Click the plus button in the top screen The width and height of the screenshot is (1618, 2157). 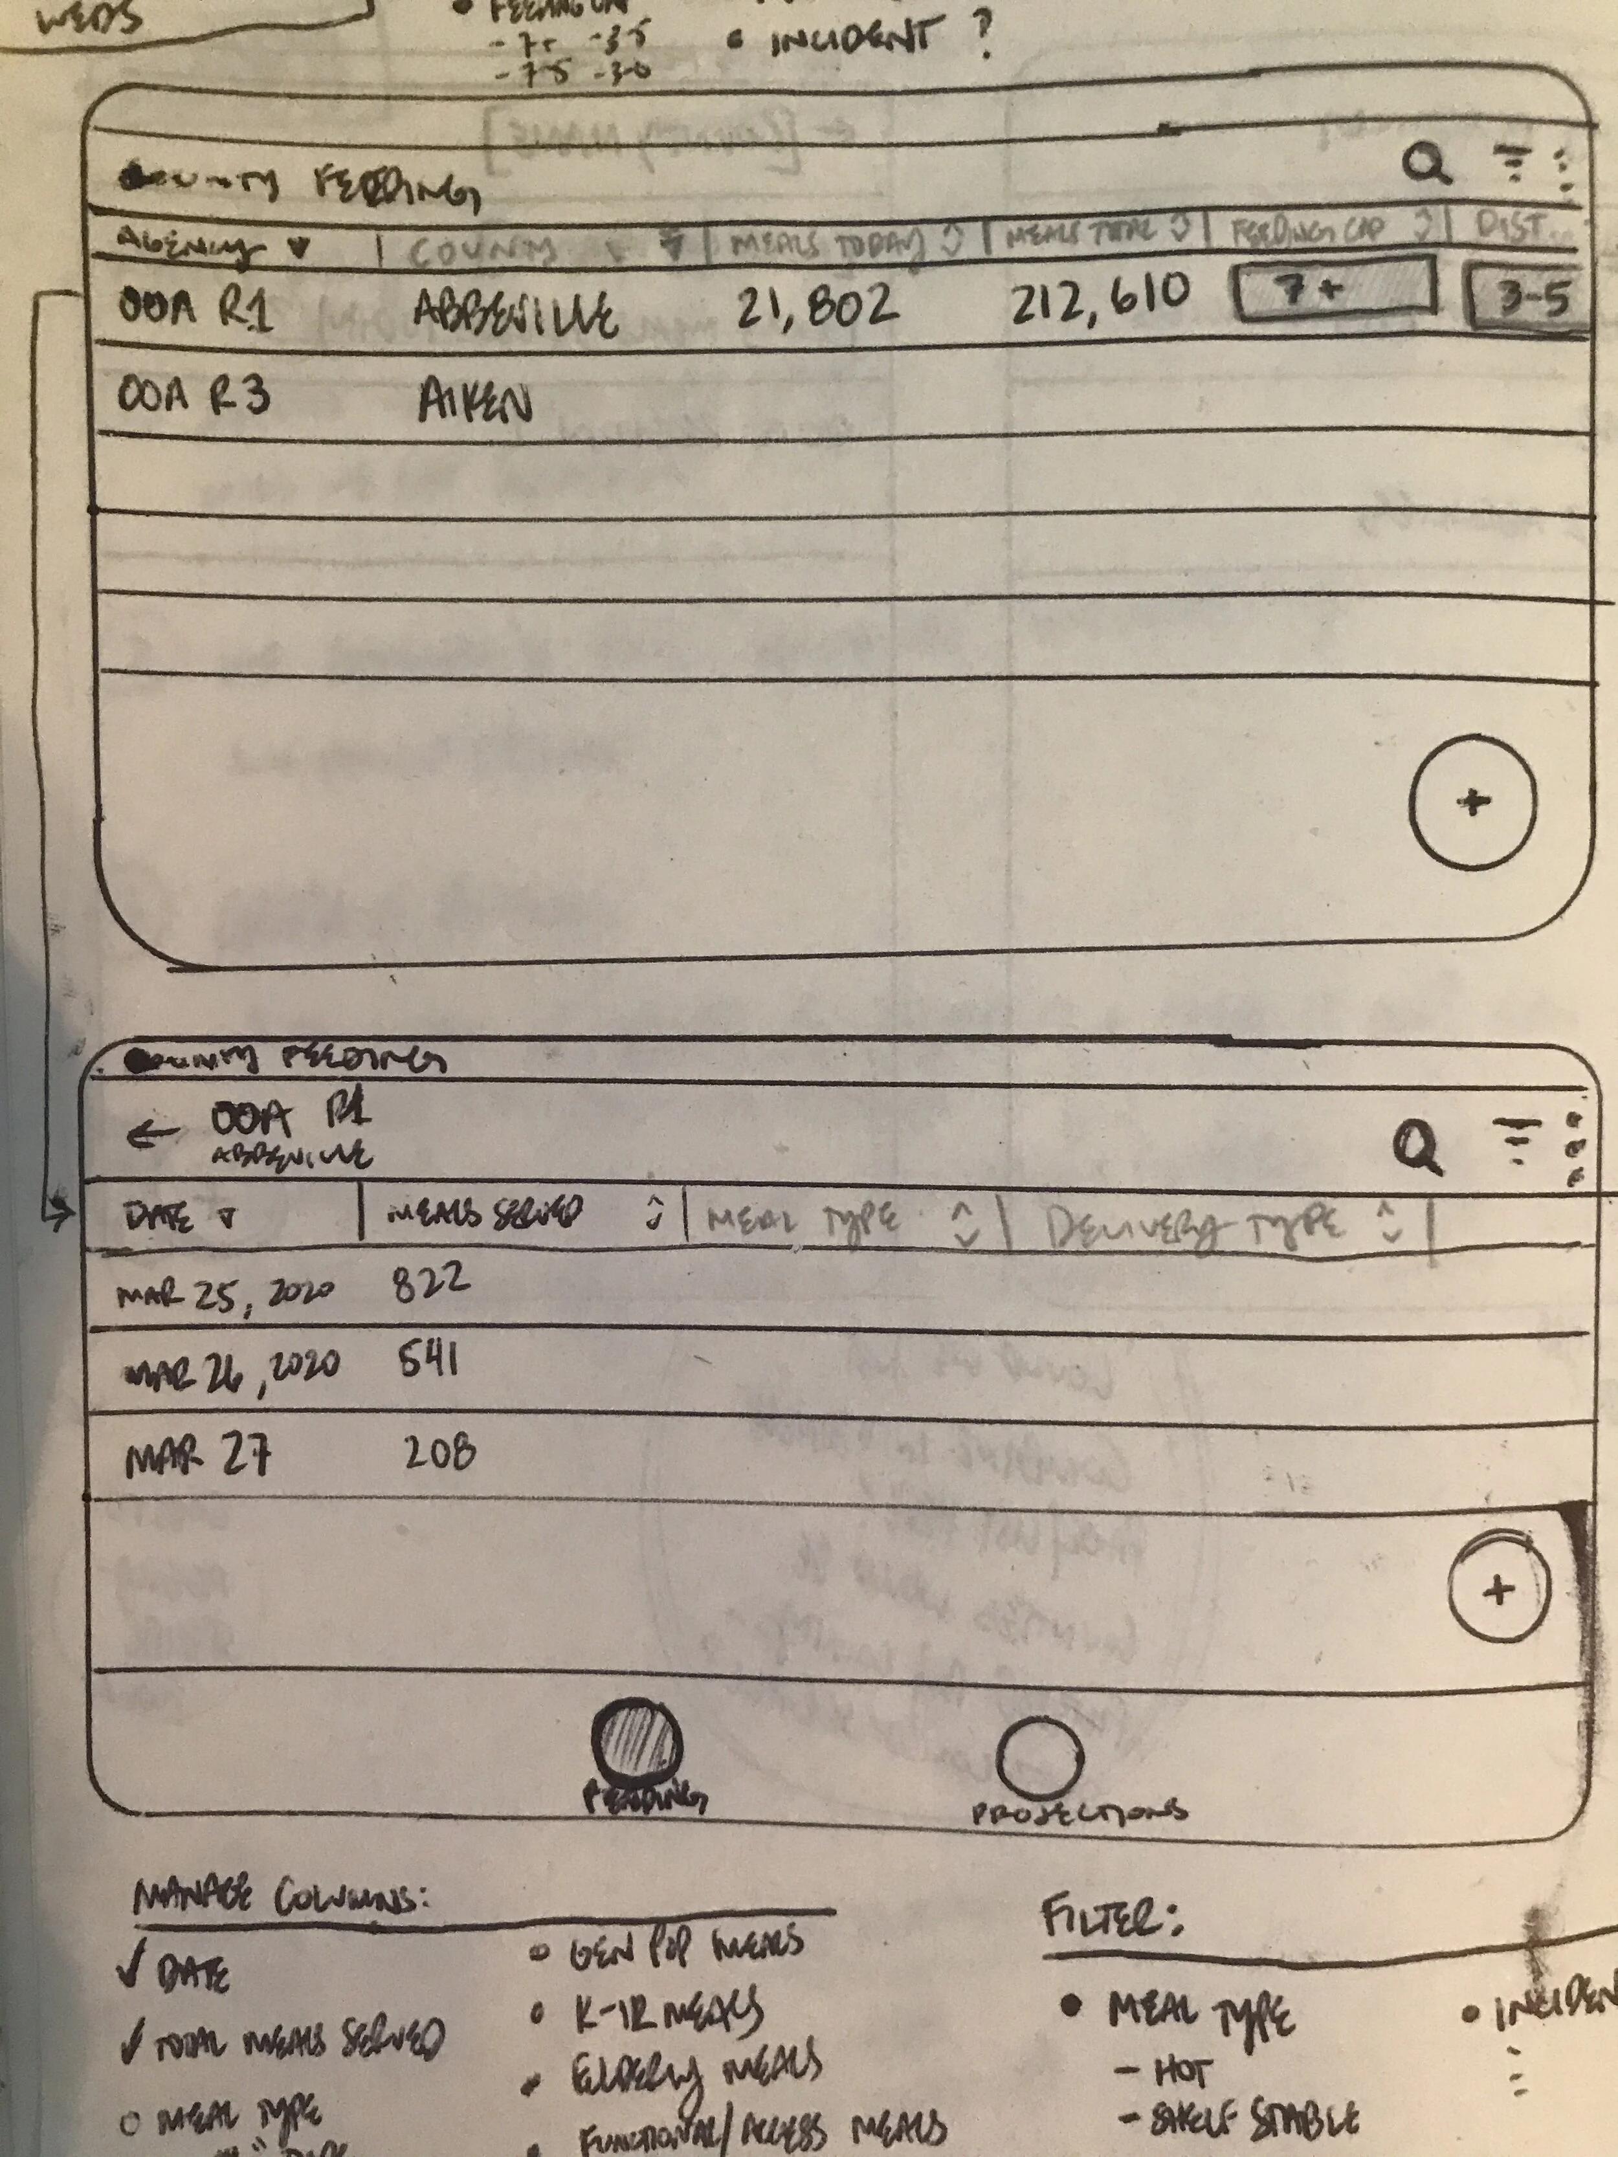tap(1472, 802)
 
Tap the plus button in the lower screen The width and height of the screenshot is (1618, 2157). tap(1498, 1591)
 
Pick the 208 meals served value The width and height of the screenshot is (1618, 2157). tap(440, 1454)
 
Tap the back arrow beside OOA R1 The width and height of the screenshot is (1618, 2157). tap(152, 1134)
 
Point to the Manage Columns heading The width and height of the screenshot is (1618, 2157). tap(282, 1899)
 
